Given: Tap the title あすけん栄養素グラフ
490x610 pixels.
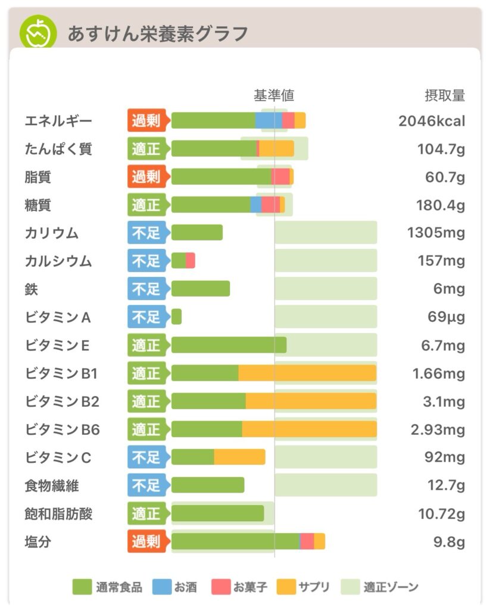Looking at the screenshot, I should tap(158, 33).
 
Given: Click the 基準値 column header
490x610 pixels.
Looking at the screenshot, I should tap(274, 95).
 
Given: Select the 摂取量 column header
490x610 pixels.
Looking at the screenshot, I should tap(444, 95).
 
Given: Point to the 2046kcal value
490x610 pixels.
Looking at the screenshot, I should tap(432, 121).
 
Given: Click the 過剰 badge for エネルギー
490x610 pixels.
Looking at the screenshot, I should tap(146, 121).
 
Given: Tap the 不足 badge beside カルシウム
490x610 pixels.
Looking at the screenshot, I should tap(146, 261).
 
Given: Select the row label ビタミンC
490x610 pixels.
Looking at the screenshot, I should tap(58, 458).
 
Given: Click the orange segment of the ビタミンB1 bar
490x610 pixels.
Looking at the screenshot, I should tap(307, 374).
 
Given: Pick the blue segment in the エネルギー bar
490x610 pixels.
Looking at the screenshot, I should tap(269, 120).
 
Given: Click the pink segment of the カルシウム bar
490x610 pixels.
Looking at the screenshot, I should tap(191, 260).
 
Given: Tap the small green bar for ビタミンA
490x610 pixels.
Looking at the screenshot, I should tap(176, 317).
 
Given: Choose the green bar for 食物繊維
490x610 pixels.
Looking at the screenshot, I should tap(208, 485).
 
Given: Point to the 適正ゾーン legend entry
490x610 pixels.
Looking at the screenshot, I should tap(380, 587).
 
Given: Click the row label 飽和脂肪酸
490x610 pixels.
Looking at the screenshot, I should tap(59, 513).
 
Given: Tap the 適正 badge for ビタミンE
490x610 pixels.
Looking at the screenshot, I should tap(146, 346).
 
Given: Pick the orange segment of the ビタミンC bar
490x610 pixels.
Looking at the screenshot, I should tap(239, 457).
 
